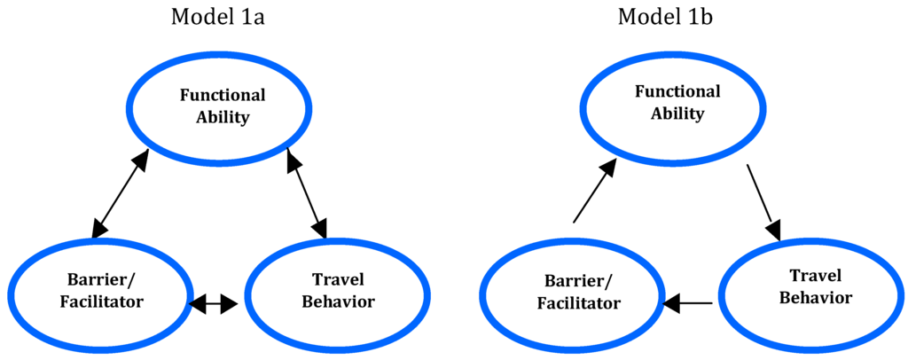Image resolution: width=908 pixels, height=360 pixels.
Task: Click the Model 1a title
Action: [223, 19]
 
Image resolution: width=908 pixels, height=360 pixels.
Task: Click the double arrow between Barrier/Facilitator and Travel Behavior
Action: [215, 303]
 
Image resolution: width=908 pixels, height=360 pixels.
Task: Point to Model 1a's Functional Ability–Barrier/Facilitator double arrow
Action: [120, 195]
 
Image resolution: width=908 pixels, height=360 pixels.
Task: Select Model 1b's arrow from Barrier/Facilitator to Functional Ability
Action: [592, 196]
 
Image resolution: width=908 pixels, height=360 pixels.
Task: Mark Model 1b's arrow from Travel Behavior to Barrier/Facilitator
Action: [689, 303]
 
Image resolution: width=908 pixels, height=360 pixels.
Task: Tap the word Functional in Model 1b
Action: [677, 91]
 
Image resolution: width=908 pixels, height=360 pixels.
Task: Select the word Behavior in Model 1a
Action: [338, 302]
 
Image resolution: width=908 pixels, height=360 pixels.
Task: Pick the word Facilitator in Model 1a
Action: [101, 302]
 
